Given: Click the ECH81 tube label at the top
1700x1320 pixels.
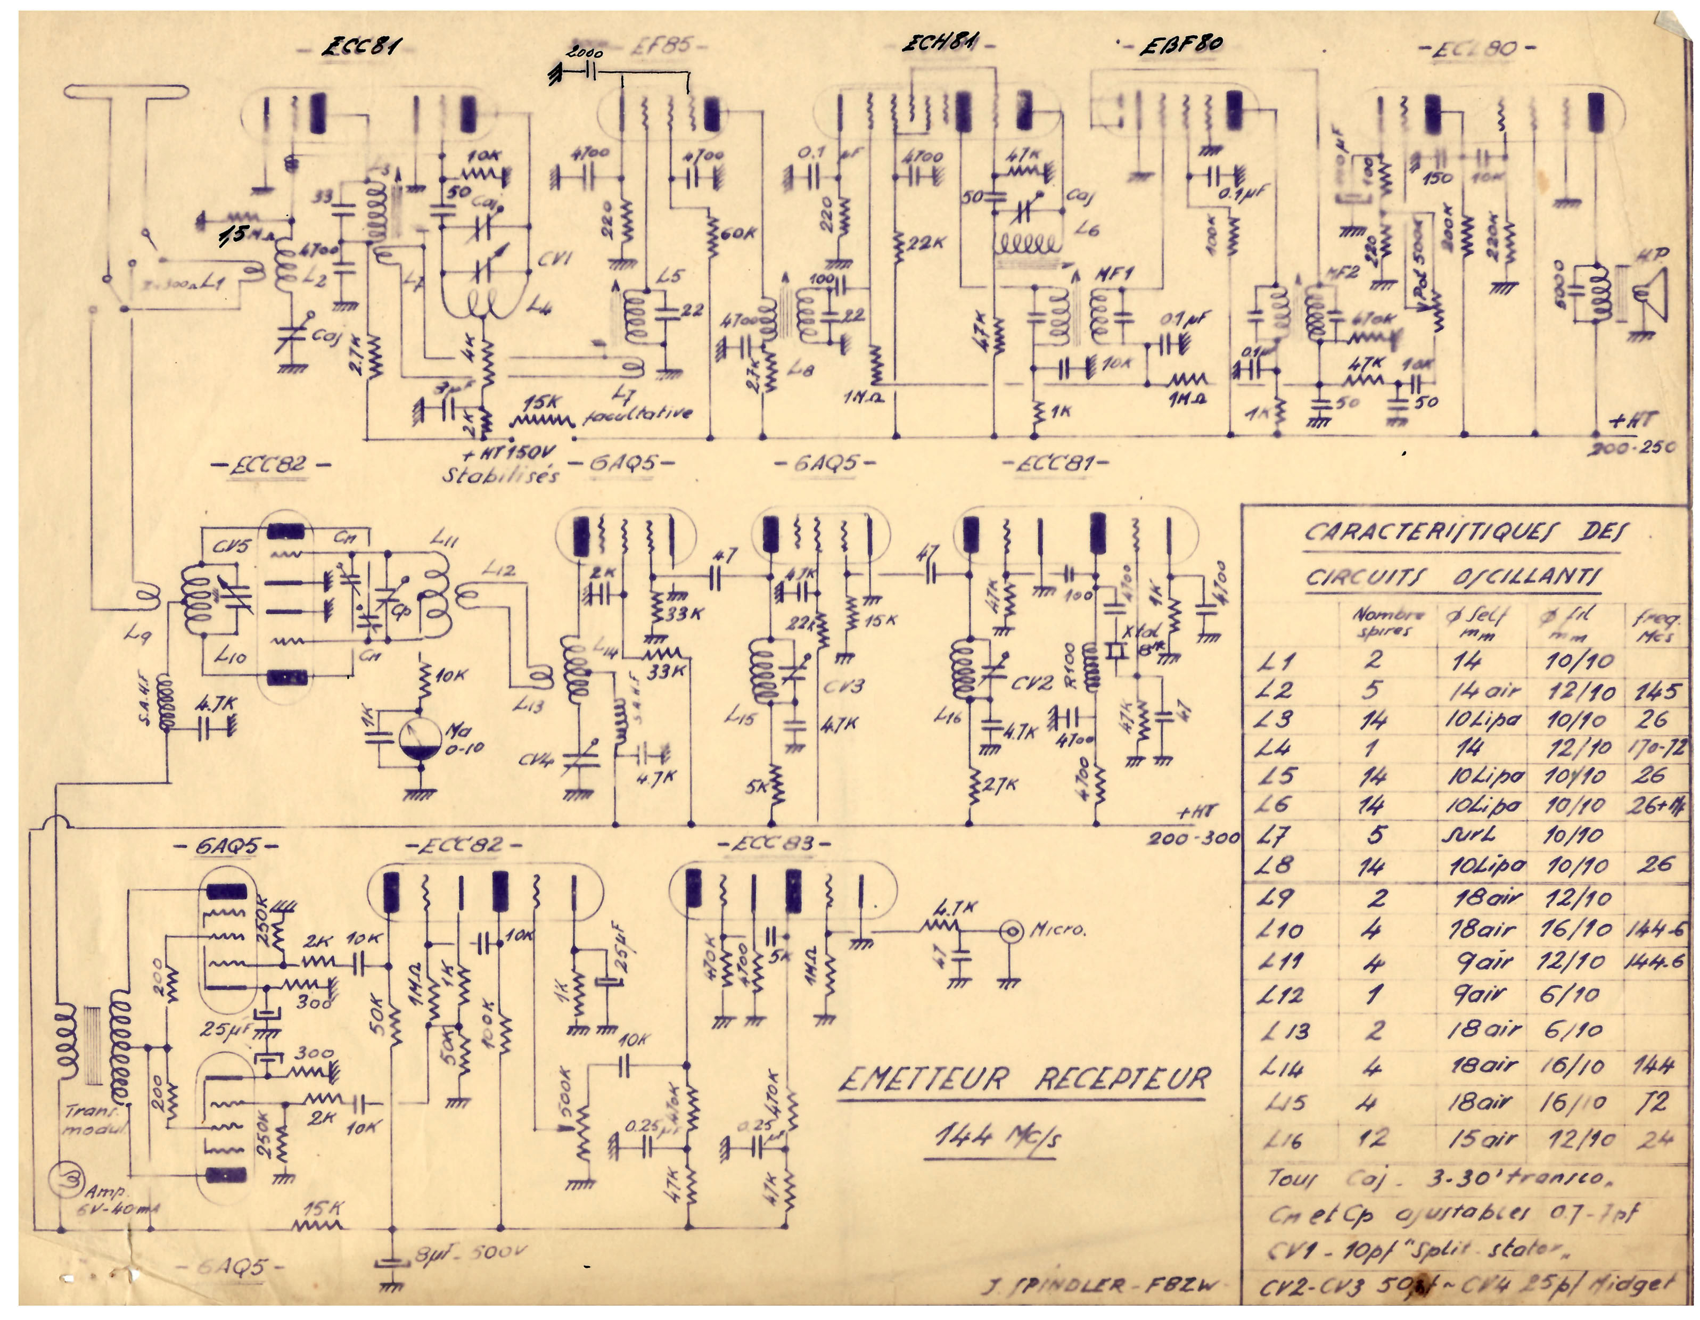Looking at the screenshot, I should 940,44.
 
